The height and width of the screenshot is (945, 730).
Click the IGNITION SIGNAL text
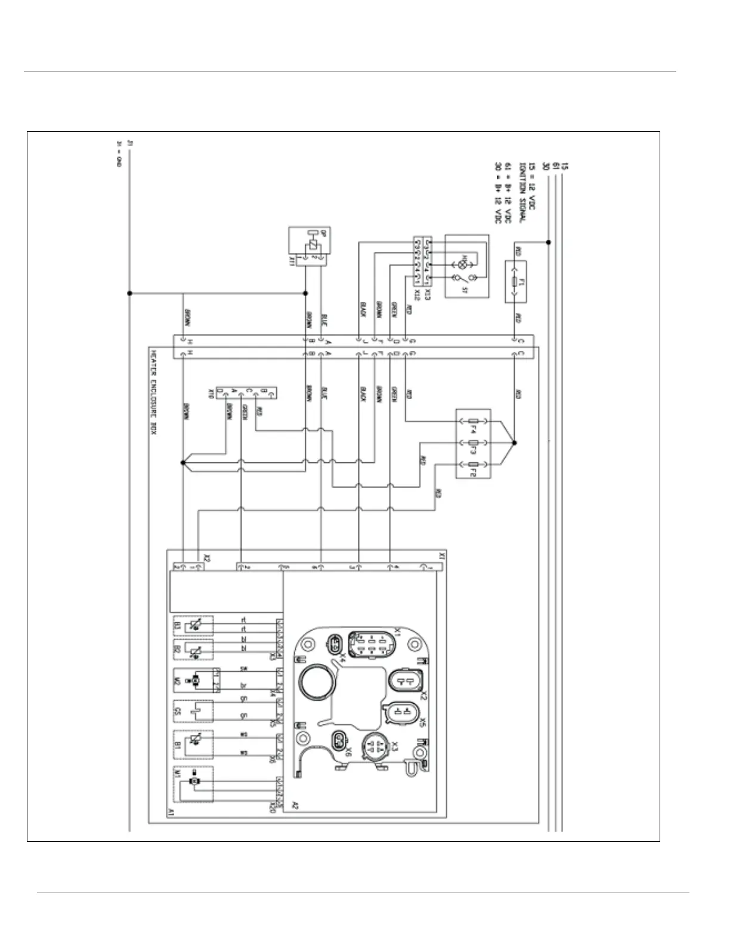click(x=521, y=194)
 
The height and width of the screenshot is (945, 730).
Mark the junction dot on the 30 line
click(x=549, y=242)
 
